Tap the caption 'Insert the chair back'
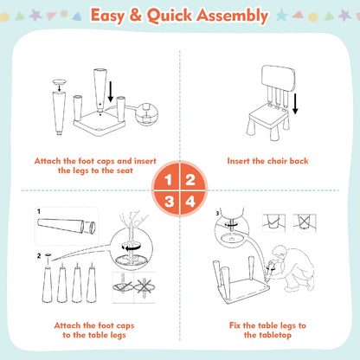tap(267, 160)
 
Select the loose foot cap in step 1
tap(58, 86)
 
